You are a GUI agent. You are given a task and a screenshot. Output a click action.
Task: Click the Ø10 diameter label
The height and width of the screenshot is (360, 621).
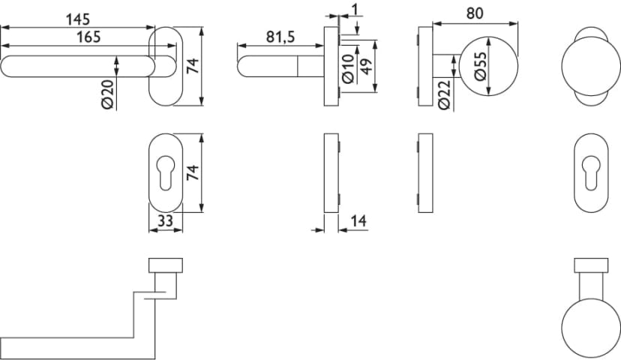click(x=347, y=68)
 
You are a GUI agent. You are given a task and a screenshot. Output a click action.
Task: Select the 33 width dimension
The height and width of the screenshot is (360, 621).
click(x=163, y=221)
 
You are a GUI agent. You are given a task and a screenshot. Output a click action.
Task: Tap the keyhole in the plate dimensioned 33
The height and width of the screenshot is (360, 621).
click(x=163, y=173)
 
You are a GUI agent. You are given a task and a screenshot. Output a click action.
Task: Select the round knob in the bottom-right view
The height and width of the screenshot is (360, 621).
click(x=590, y=328)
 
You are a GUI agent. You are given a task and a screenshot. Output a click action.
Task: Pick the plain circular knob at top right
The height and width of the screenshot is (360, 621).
click(x=590, y=66)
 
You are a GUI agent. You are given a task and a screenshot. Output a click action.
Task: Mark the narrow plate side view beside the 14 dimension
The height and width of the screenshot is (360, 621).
click(x=331, y=173)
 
